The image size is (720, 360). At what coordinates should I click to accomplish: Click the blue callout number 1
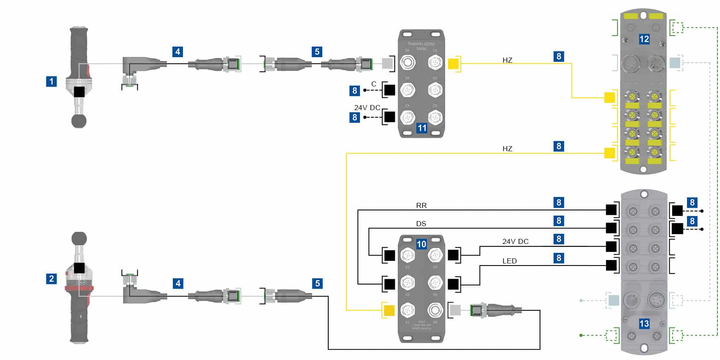point(51,81)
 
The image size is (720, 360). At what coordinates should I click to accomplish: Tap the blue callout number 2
point(51,279)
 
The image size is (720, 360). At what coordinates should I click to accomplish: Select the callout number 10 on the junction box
point(421,244)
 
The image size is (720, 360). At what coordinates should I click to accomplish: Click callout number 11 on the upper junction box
point(422,128)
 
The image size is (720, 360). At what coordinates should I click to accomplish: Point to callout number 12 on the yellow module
point(644,39)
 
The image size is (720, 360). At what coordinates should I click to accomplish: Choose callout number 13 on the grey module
point(644,324)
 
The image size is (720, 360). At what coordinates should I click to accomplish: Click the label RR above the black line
point(421,205)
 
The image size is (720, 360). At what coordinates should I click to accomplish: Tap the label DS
point(421,224)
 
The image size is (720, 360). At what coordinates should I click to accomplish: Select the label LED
point(510,261)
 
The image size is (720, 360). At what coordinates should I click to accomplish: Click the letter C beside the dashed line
point(374,84)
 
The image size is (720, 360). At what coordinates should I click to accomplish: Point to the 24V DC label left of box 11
point(367,108)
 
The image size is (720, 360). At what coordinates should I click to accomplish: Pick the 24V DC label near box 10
point(515,241)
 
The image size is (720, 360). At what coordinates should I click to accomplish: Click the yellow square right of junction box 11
point(453,64)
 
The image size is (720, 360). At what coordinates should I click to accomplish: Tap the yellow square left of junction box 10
point(389,310)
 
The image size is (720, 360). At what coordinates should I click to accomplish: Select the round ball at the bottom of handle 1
point(79,121)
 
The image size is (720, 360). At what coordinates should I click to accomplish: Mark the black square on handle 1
point(79,91)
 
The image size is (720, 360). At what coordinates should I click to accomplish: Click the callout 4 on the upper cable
point(178,52)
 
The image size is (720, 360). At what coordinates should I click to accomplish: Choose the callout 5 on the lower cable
point(317,283)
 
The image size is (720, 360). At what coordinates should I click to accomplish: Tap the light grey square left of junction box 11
point(387,64)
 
